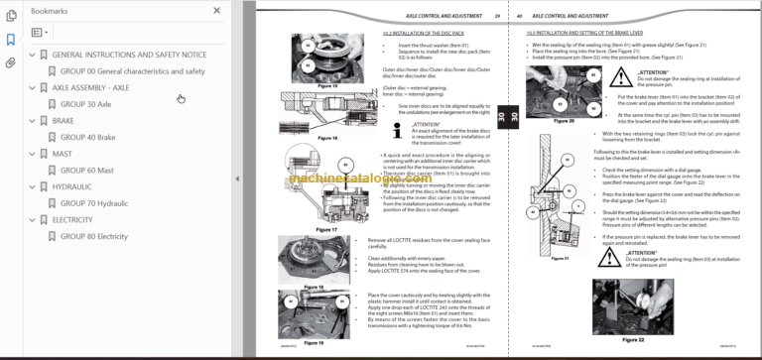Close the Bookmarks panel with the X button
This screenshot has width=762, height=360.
(x=217, y=11)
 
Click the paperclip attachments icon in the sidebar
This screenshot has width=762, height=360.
(x=11, y=61)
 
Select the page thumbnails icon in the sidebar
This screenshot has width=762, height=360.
(x=11, y=13)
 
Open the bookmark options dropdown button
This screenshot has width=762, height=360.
(x=40, y=33)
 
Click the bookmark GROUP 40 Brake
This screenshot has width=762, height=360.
(x=87, y=137)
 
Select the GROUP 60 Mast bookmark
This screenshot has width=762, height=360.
(x=86, y=171)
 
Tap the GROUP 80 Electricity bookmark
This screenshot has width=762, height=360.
(x=94, y=236)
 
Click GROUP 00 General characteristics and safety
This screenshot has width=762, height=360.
(x=132, y=71)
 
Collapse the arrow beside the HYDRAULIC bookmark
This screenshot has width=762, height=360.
(x=31, y=186)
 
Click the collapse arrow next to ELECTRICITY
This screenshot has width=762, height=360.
(x=31, y=220)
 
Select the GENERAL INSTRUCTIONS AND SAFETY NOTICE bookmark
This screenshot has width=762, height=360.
(x=129, y=55)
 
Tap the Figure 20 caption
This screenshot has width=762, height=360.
(x=537, y=148)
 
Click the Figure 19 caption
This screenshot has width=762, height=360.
(x=313, y=341)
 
